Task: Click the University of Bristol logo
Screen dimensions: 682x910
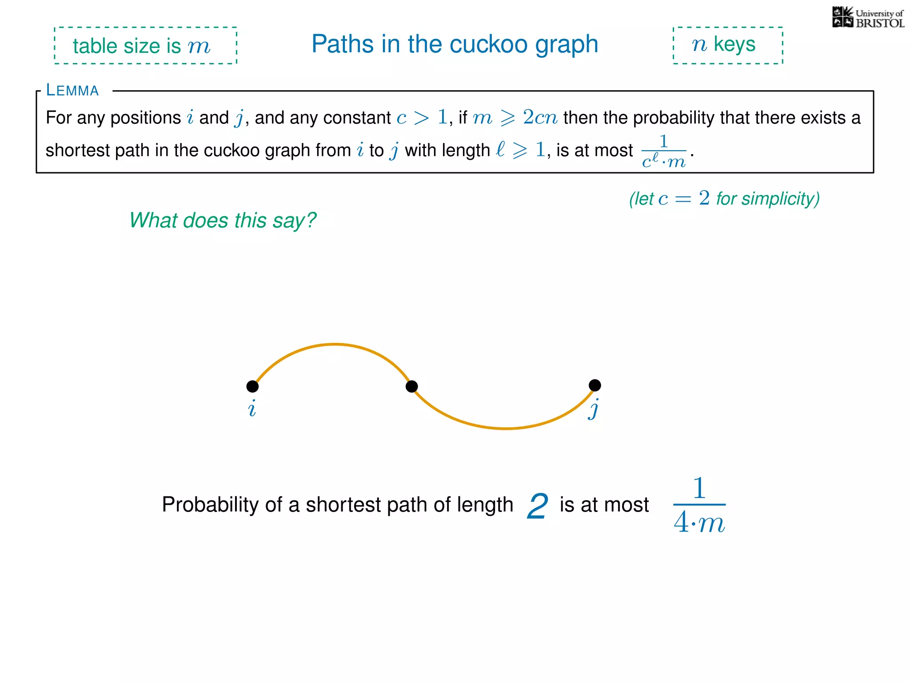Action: (868, 18)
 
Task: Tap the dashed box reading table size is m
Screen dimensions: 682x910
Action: (145, 46)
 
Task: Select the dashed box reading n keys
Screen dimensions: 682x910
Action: (727, 45)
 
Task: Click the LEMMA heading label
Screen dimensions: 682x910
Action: (72, 91)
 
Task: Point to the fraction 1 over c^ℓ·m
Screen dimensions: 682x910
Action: (664, 151)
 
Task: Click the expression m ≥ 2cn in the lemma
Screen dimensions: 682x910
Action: (515, 118)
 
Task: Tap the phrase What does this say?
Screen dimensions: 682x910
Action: (223, 221)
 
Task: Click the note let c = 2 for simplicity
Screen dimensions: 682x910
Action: (724, 198)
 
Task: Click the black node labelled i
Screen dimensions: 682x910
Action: (252, 386)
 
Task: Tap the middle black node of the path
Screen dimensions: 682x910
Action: (412, 386)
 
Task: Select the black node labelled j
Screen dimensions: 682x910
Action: (595, 385)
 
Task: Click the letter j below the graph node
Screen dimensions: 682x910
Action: (594, 409)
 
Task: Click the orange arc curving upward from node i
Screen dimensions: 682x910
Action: (334, 345)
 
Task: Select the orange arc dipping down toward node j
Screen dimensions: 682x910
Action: (505, 428)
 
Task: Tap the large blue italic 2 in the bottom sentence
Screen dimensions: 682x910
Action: (537, 506)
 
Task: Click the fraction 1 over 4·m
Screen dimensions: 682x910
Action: (699, 505)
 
